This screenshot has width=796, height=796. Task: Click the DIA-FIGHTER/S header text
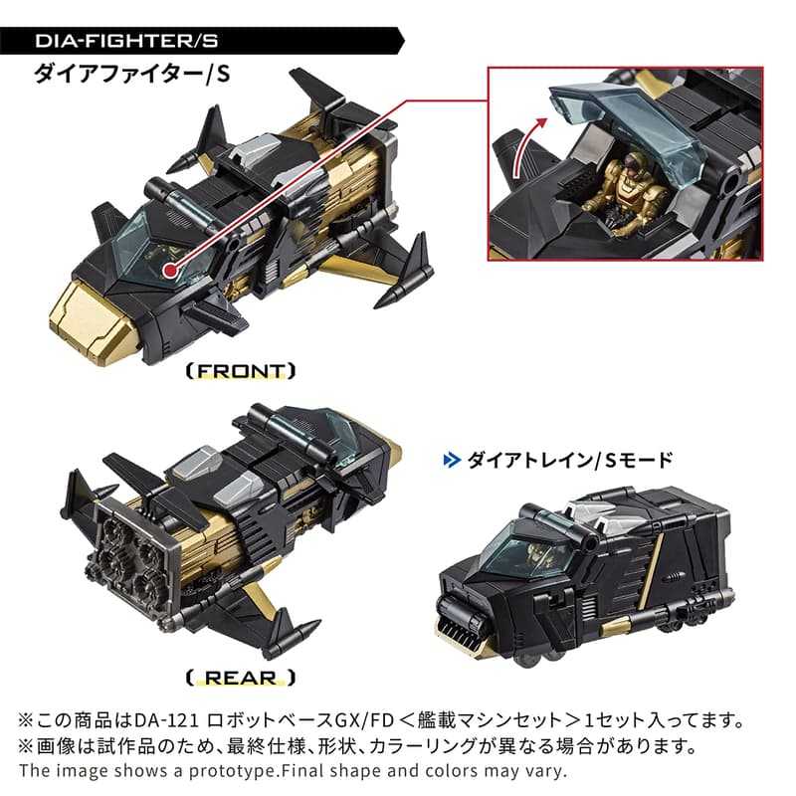pyautogui.click(x=119, y=41)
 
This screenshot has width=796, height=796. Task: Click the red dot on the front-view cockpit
pyautogui.click(x=172, y=270)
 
